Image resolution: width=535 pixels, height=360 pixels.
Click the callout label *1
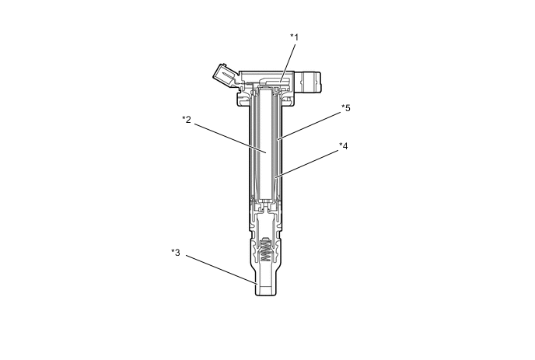[x=295, y=37]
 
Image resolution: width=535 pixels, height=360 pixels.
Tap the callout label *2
[x=187, y=120]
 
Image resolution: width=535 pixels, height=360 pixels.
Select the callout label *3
[x=176, y=253]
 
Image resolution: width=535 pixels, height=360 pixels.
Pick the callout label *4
[x=343, y=145]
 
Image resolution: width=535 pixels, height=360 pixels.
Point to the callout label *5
[x=346, y=108]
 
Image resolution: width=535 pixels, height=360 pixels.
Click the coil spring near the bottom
[x=265, y=251]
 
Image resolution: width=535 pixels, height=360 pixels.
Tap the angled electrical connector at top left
[x=224, y=77]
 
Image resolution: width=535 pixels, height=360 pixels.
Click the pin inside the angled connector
[x=226, y=75]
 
